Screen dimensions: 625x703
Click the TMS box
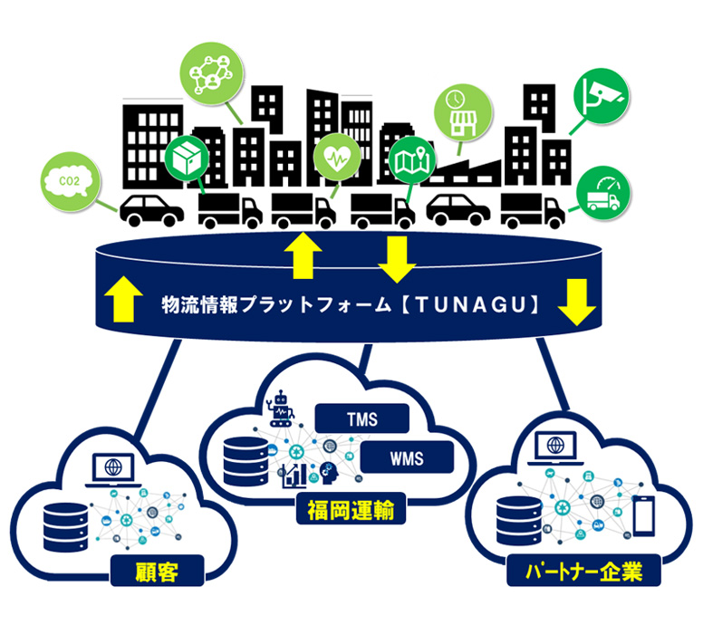[362, 419]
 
